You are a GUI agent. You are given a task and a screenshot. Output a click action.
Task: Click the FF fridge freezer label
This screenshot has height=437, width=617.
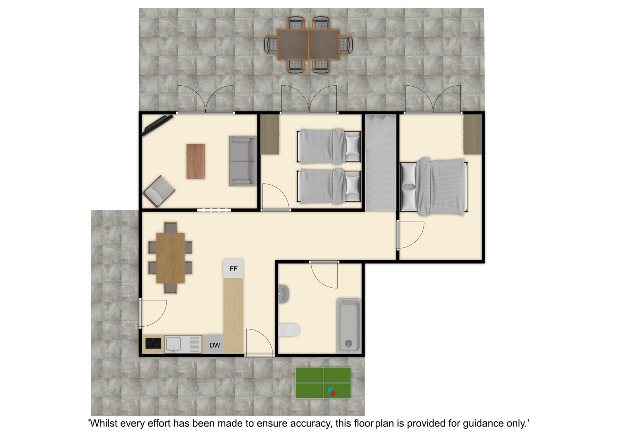point(233,268)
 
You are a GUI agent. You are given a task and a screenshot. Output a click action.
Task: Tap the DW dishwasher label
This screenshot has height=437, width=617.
point(215,345)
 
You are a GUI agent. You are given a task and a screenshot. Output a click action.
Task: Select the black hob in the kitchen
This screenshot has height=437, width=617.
point(153,343)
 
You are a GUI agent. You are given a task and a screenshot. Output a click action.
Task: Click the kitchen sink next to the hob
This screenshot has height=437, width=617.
point(183,344)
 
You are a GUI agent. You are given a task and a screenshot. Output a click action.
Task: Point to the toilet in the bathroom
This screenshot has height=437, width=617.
point(289,330)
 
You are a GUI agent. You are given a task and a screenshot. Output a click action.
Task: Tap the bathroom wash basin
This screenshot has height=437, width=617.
point(284,294)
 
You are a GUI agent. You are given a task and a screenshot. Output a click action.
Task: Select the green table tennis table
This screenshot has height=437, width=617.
point(323,383)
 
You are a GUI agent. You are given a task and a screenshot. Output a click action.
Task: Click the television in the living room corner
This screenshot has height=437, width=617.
point(157,126)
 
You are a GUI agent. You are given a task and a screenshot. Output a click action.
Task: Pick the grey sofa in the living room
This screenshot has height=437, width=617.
point(243,161)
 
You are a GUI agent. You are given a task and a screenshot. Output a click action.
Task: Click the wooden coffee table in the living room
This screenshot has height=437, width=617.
point(196,161)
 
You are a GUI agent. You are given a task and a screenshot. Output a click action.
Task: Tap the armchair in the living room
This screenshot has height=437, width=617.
point(159,191)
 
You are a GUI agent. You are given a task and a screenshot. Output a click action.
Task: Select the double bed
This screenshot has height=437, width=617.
point(434,187)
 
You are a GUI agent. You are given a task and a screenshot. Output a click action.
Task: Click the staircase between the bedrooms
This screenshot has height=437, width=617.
point(380,163)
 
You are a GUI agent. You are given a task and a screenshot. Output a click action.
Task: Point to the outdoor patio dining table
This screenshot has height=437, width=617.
point(308,45)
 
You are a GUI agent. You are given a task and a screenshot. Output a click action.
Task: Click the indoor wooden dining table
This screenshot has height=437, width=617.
point(170,258)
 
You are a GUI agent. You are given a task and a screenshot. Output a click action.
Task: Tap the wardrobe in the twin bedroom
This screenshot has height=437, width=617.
point(270,135)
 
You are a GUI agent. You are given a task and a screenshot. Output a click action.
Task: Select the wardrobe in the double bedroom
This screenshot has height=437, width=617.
point(472,135)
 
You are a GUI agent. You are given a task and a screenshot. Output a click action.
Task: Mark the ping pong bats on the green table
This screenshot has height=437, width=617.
point(331,391)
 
